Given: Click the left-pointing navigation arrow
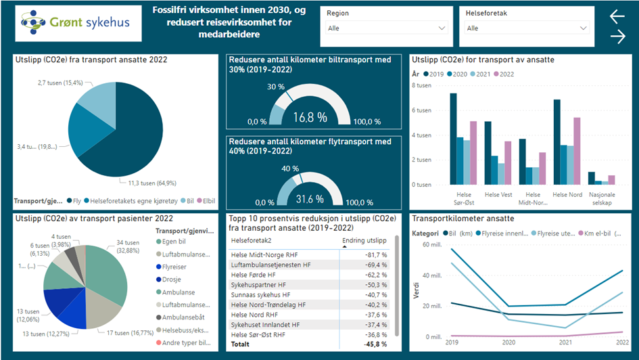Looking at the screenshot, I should point(617,17).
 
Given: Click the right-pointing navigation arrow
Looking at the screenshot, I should point(617,37).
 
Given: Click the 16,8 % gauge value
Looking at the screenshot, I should point(310,117).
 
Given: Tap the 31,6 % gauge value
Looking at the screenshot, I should point(310,198).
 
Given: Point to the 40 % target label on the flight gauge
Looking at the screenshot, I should point(290,168).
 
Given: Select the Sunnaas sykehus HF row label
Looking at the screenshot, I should point(260,295).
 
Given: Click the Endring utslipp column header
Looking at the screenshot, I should point(365,240).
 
